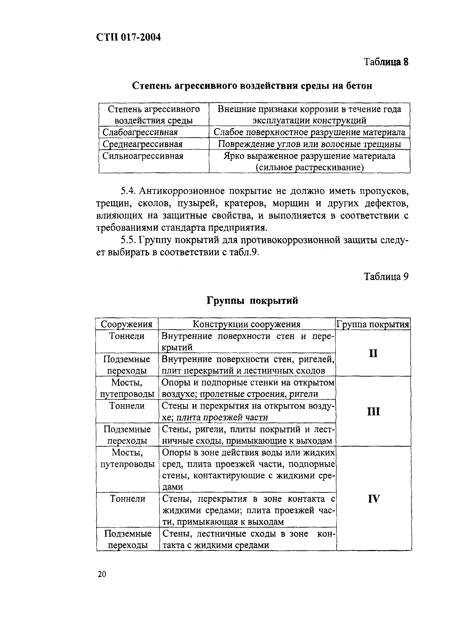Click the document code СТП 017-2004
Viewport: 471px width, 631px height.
point(128,37)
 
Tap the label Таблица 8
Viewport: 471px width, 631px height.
point(386,62)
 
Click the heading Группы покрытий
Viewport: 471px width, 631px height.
point(252,300)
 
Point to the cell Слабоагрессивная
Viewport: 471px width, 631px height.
point(140,132)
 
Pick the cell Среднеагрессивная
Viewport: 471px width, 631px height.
point(142,144)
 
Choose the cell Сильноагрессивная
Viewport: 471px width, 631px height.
point(143,156)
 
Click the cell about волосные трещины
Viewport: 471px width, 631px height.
point(309,144)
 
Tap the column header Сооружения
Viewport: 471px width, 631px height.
point(127,324)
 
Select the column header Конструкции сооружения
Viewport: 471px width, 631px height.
point(247,324)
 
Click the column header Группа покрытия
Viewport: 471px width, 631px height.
point(373,324)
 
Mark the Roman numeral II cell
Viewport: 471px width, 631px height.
point(373,353)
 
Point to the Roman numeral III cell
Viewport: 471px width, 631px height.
point(373,411)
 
